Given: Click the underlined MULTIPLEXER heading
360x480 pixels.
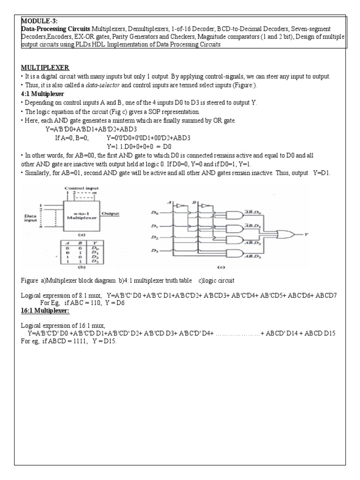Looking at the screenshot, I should click(45, 68).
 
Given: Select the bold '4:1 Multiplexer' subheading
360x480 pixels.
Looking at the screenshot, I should click(43, 94).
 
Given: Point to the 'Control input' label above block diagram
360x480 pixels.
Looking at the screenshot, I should click(79, 188).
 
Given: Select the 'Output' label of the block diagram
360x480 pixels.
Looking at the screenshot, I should click(110, 213).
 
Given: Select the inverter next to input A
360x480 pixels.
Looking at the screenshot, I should click(180, 205).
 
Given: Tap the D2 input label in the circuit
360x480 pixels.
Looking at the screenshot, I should click(153, 238).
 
